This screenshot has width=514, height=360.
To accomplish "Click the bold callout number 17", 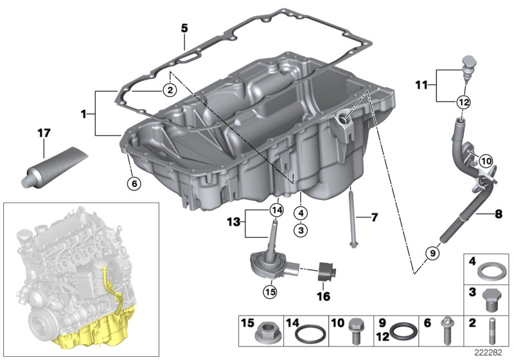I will point(43,134).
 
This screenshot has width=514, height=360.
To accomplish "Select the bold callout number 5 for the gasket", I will point(184,29).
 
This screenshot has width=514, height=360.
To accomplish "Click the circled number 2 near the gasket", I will point(168,91).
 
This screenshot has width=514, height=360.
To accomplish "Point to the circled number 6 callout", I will point(133,183).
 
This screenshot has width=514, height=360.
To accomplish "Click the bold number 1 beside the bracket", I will point(84,114).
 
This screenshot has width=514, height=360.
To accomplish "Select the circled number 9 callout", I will point(432,253).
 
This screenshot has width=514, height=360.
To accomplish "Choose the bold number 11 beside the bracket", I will point(422,85).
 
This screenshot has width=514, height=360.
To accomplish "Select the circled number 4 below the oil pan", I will point(301,212).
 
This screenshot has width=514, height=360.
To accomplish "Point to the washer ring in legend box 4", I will point(489,271).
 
